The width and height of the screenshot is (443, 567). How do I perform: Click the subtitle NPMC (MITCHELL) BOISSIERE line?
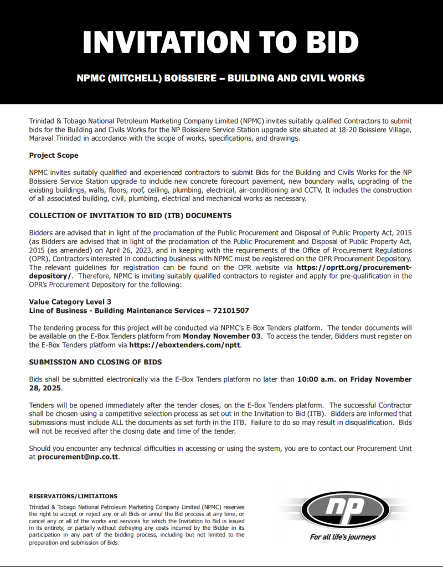pos(220,78)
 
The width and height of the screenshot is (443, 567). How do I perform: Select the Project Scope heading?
pos(54,156)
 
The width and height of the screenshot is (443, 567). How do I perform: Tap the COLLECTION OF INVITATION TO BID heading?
pos(130,215)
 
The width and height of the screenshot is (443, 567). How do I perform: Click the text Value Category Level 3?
pos(70,302)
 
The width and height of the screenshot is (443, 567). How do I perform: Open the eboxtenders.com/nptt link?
pos(186,345)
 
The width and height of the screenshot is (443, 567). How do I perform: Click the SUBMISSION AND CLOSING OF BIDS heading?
pos(95,362)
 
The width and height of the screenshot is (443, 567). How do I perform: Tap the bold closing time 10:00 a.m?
pos(316,379)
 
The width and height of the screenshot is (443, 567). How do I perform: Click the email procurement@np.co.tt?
pos(78,457)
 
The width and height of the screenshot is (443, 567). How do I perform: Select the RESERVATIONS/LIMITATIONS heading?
pos(73,497)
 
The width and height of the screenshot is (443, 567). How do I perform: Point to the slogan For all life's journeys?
pos(343,537)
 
